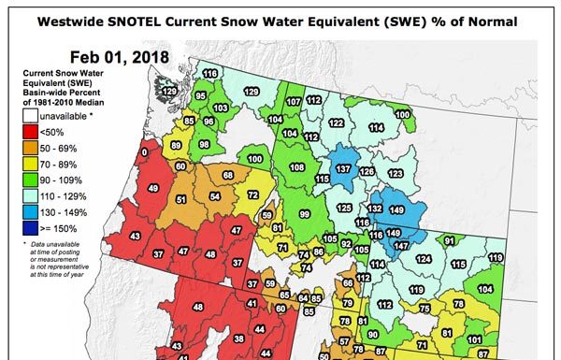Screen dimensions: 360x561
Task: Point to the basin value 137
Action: pyautogui.click(x=343, y=168)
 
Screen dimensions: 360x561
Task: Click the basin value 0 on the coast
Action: pyautogui.click(x=144, y=151)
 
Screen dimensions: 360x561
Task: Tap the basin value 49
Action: pyautogui.click(x=153, y=190)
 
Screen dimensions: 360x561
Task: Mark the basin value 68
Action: pyautogui.click(x=228, y=176)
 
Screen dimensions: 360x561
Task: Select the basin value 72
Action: pyautogui.click(x=252, y=194)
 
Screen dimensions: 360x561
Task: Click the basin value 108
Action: pyautogui.click(x=297, y=167)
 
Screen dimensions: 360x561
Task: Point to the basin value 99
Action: pyautogui.click(x=304, y=214)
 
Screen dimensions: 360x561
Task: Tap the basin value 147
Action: pyautogui.click(x=401, y=245)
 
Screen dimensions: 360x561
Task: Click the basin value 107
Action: pyautogui.click(x=294, y=101)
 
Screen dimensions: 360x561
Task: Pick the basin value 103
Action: pyautogui.click(x=221, y=108)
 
